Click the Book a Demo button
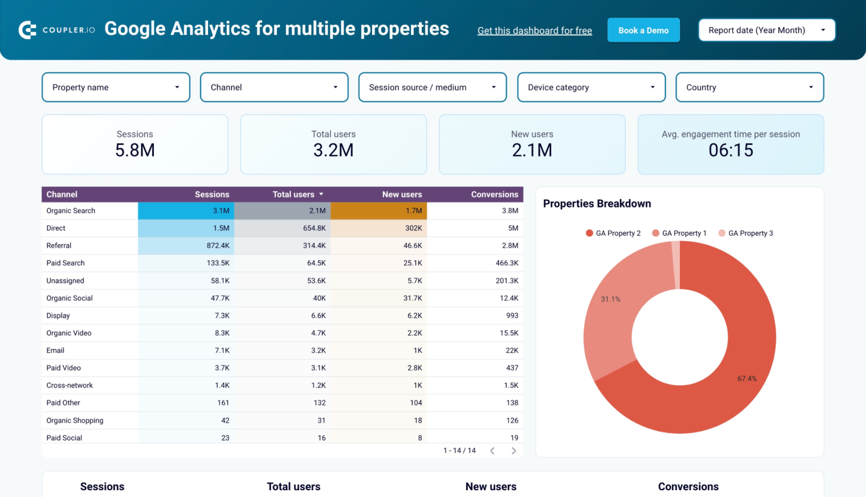(x=643, y=30)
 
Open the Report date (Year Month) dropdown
(x=766, y=30)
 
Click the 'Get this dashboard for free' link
(x=534, y=31)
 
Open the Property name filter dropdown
(x=116, y=87)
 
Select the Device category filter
(x=591, y=87)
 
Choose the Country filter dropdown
(x=749, y=87)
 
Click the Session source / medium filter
(x=432, y=87)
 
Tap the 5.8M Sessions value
(x=135, y=151)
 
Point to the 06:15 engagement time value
(x=731, y=151)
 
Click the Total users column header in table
(x=293, y=195)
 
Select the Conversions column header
(x=494, y=195)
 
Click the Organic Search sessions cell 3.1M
(x=221, y=211)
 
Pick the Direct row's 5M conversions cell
(x=512, y=228)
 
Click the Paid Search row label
(x=65, y=263)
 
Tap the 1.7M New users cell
(x=413, y=211)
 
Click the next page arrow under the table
(x=514, y=451)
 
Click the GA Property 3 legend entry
(x=745, y=234)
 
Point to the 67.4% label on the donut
(x=747, y=379)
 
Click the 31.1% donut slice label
(x=611, y=300)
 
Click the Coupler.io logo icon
(x=28, y=30)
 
